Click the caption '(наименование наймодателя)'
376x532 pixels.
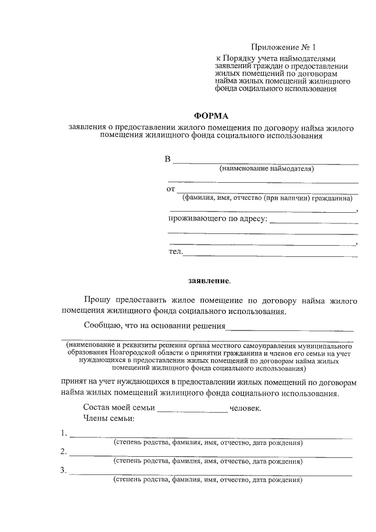click(267, 169)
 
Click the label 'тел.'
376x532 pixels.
click(176, 252)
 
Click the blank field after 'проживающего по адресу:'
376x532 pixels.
click(314, 222)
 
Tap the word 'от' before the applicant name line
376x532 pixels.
click(171, 189)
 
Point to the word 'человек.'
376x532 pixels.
click(246, 407)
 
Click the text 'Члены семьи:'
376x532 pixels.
click(109, 419)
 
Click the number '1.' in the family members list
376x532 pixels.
click(63, 434)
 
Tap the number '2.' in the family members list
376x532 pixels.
click(63, 452)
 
